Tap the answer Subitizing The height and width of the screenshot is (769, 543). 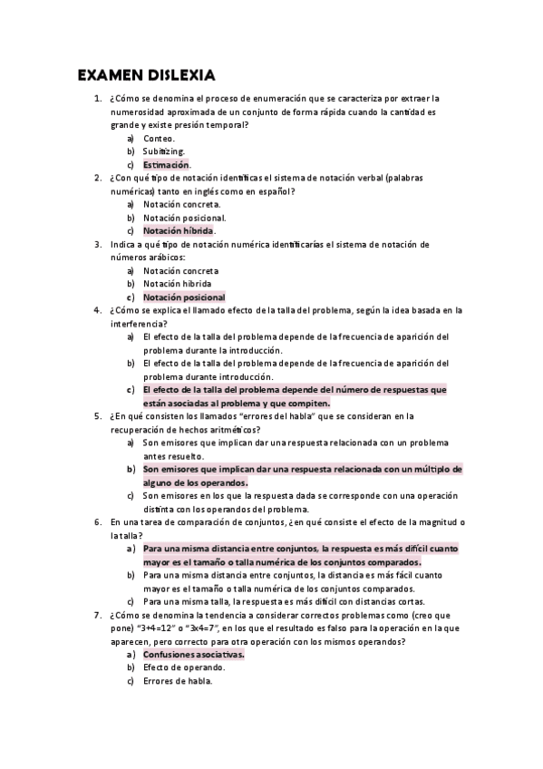coord(164,151)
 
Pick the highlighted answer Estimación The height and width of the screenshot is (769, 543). coord(167,165)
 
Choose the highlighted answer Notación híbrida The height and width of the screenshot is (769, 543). coord(179,231)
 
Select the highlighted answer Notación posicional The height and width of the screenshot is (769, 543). coord(184,297)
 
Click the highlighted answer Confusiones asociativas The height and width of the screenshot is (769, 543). coord(194,654)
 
